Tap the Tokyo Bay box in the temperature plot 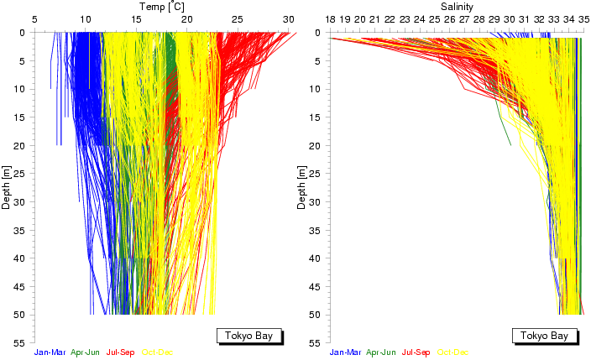(248, 336)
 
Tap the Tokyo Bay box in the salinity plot (544, 336)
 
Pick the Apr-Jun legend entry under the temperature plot (92, 352)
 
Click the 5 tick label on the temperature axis (34, 18)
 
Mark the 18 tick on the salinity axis (330, 18)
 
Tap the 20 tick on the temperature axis (186, 18)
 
